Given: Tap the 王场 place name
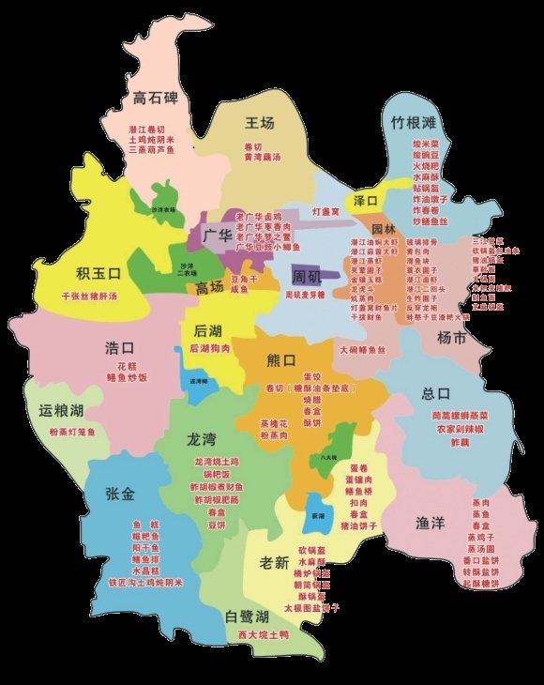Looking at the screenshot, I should [x=260, y=123].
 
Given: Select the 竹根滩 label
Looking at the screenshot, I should [x=414, y=123].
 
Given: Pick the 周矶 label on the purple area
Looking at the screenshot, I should [x=306, y=277].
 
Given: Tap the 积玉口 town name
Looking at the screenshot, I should [x=98, y=274].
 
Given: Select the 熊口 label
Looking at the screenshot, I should [x=281, y=359].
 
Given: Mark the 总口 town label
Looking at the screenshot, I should [x=437, y=393].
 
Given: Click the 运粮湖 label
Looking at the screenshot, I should [x=61, y=411].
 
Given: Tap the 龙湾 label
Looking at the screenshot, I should [x=202, y=439].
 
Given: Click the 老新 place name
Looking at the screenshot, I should [x=274, y=563].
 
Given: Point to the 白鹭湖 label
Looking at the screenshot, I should [x=248, y=616].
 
